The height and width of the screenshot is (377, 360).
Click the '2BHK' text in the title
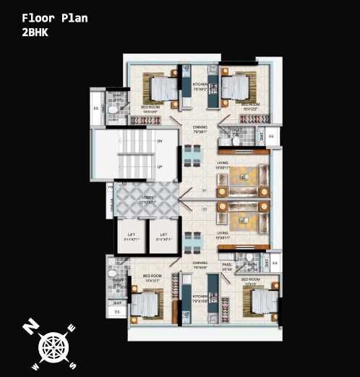point(35,33)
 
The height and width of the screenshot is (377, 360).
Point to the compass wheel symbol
point(52,344)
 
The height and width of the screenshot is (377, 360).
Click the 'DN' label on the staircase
point(160,142)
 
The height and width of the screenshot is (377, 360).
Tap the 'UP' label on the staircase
point(160,167)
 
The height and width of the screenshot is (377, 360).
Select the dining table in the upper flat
point(189,155)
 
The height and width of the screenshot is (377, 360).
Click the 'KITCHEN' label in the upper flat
point(200,85)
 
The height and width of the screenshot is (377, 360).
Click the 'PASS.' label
point(226,266)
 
